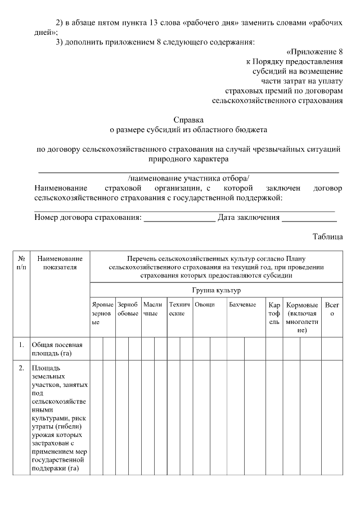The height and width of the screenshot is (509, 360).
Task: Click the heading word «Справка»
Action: point(188,120)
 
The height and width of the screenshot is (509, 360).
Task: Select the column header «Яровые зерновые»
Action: point(102,313)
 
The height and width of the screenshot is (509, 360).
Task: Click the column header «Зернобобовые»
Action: point(128,308)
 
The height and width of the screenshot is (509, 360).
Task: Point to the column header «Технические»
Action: point(179,308)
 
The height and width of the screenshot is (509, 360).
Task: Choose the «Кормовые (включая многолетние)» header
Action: point(302,317)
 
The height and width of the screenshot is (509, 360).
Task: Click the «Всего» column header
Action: point(332,308)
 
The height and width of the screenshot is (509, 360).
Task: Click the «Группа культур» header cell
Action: point(216,290)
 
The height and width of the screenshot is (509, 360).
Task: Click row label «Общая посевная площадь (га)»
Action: point(57,349)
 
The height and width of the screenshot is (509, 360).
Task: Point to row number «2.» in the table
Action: point(21,368)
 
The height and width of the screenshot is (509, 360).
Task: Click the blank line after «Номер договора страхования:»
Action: point(179,218)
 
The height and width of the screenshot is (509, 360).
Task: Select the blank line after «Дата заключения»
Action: point(309,218)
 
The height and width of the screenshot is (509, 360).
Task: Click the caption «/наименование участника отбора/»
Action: point(188,178)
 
